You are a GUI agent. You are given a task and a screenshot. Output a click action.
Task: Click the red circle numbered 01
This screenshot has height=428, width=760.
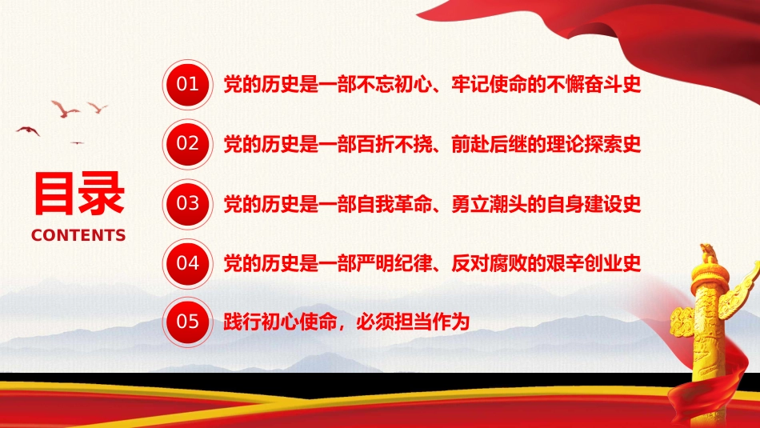tap(187, 83)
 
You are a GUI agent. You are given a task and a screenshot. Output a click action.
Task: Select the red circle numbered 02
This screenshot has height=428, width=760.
tap(187, 143)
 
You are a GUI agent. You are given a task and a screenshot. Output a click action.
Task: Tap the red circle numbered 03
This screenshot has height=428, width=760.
tap(187, 202)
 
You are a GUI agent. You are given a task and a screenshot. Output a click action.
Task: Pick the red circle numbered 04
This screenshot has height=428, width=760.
tap(187, 262)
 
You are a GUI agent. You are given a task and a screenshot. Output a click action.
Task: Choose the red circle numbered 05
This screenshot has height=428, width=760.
tap(187, 322)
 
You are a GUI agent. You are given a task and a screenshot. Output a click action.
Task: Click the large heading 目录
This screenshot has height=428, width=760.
tap(78, 194)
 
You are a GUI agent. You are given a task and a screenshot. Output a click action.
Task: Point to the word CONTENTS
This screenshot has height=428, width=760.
tap(78, 235)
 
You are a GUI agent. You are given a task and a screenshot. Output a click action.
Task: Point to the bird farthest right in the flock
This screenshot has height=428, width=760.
tap(98, 107)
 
